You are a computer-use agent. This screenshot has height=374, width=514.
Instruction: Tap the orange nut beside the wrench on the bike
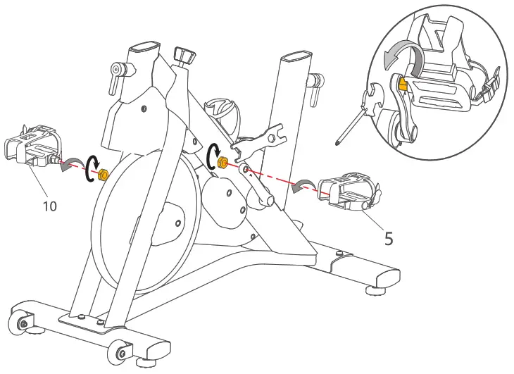point(222,163)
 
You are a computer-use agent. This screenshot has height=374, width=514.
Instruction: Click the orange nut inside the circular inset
point(403,85)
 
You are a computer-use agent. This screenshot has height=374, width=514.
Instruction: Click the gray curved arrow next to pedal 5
point(304,185)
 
